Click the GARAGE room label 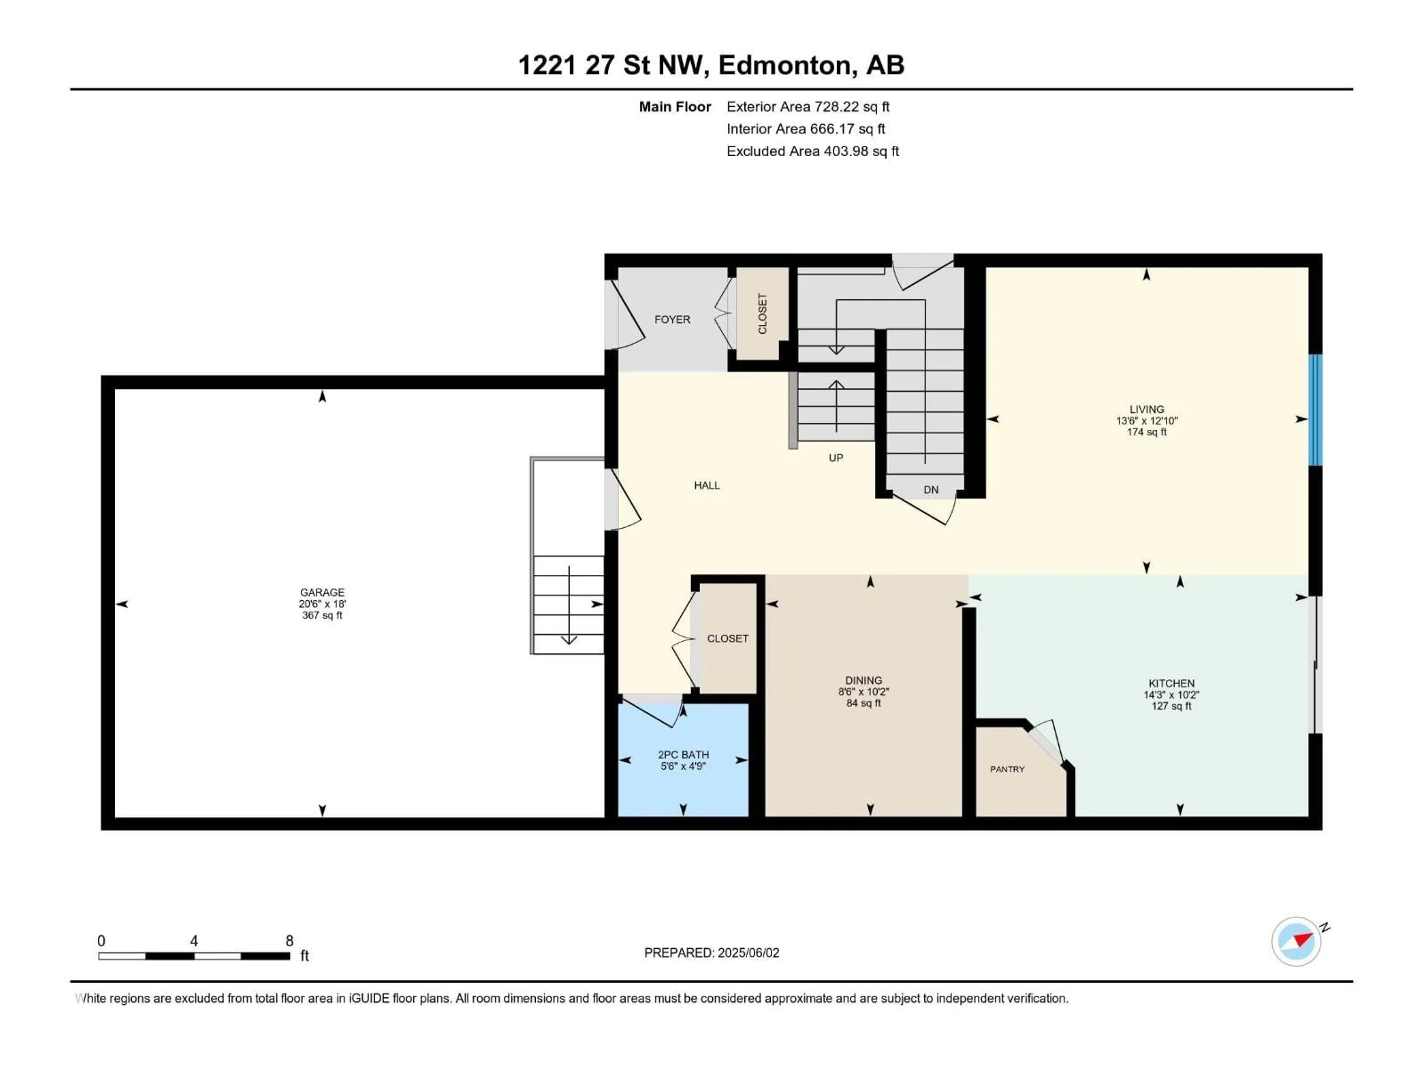pos(322,591)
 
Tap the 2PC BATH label pos(683,755)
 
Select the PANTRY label pos(1007,769)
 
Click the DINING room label pos(863,680)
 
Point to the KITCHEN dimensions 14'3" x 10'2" pos(1171,695)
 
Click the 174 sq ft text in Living pos(1147,432)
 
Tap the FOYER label pos(672,319)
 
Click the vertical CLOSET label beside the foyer pos(762,314)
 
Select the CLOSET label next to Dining pos(728,639)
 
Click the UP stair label pos(835,458)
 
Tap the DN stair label pos(931,490)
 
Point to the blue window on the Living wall pos(1316,410)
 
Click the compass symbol pos(1296,941)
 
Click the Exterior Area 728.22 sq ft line pos(808,107)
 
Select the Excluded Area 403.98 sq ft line pos(812,151)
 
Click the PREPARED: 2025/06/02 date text pos(711,953)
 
